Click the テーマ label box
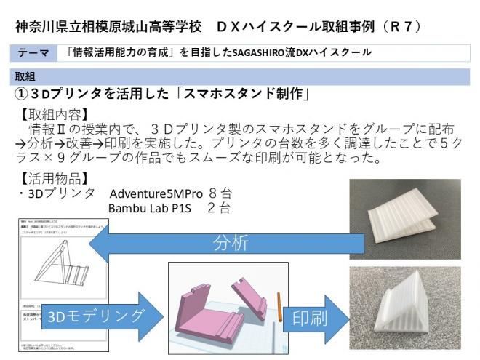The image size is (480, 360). (34, 52)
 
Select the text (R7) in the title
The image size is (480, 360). (398, 26)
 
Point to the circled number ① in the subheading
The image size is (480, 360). (22, 94)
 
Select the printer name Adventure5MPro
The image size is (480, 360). (153, 194)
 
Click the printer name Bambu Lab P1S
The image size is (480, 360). (149, 209)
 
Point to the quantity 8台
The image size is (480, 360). (220, 194)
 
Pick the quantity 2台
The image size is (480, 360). (220, 209)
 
